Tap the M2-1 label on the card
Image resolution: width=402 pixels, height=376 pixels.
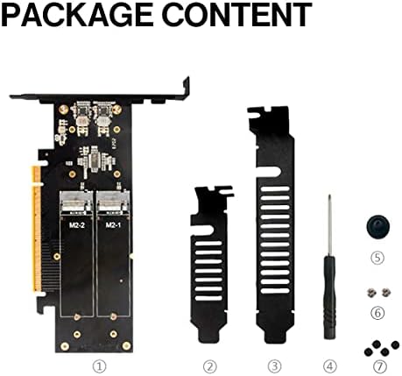pos(112,225)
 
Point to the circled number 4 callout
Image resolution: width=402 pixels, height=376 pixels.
pos(329,365)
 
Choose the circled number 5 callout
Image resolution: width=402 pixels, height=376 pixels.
pos(377,258)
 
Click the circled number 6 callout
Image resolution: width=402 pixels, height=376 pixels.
pos(377,312)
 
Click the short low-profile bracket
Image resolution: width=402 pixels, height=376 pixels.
pos(209,264)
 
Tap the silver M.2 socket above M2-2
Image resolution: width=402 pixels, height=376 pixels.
pos(76,203)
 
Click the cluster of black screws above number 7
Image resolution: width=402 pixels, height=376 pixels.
pos(377,346)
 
